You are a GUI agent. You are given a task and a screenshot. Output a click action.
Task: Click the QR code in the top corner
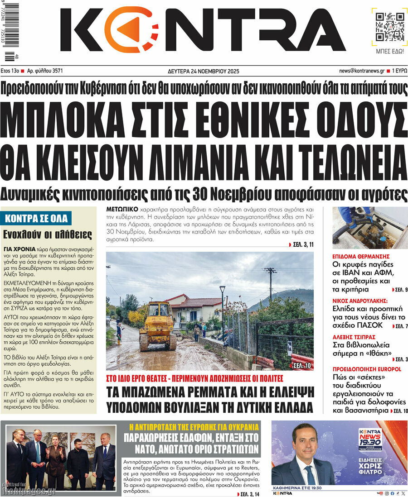tap(389, 26)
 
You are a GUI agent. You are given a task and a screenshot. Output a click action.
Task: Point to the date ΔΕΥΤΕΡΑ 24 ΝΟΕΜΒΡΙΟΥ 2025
tap(204, 71)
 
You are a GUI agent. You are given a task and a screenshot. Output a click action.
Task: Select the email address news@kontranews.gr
tap(362, 71)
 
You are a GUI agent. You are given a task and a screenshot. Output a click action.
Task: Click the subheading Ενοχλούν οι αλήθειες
tap(48, 234)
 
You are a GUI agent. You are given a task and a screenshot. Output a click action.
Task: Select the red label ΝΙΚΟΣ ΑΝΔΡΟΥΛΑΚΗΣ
tap(361, 300)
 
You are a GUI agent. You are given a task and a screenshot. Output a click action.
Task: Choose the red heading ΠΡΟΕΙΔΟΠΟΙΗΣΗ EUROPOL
tap(367, 369)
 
